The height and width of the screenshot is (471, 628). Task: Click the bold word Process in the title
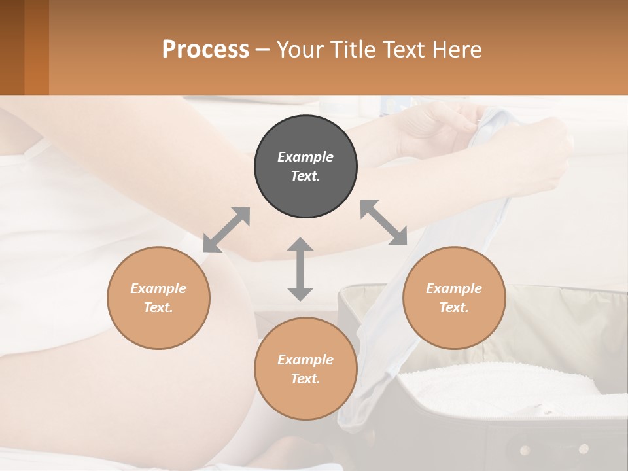[205, 50]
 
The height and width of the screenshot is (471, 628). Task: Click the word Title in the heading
[351, 50]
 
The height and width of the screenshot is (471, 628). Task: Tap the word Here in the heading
[457, 50]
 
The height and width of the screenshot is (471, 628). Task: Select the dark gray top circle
[305, 166]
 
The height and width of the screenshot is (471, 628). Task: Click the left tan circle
[158, 298]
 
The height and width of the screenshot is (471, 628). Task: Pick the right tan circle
[454, 298]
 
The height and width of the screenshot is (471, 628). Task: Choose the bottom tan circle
[305, 368]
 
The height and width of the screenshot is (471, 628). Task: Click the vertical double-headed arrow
[300, 269]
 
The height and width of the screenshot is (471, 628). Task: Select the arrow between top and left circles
[226, 230]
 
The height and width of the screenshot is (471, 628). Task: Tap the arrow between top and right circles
[384, 223]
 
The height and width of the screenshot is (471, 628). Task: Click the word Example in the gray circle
[305, 157]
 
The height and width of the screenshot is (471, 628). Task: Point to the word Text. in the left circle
[158, 307]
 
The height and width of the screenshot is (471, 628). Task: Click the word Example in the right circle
[454, 288]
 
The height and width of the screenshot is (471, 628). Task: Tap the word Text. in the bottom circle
[305, 379]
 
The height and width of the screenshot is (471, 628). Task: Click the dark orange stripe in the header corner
[36, 47]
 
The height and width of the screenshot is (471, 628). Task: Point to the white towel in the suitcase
[497, 386]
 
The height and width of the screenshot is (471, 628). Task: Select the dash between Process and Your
[262, 50]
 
